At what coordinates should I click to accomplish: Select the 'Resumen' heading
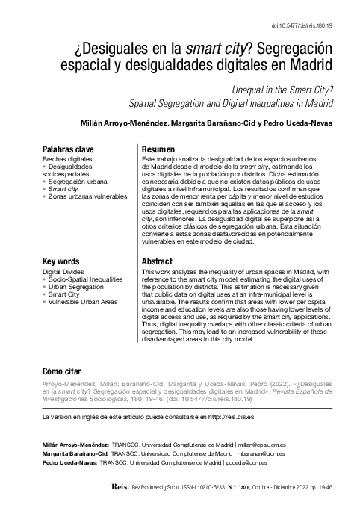[158, 149]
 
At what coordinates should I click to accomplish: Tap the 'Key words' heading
[62, 261]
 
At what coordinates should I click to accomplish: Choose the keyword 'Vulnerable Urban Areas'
[85, 302]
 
